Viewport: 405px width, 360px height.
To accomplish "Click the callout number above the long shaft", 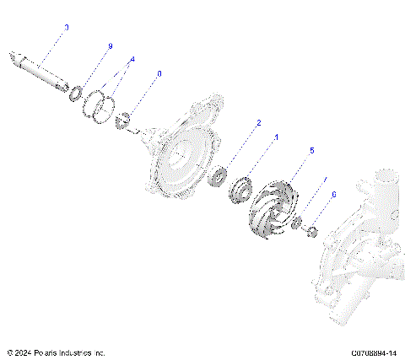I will [x=67, y=28].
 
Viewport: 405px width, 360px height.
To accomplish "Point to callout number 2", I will [x=258, y=122].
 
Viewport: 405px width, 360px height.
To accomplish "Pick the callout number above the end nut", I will [x=334, y=194].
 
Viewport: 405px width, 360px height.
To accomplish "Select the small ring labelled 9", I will [x=75, y=90].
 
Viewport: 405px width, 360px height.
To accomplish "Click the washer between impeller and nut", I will [x=297, y=224].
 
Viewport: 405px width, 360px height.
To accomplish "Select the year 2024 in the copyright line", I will [x=23, y=352].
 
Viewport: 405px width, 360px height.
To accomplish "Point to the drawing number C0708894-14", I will [x=375, y=352].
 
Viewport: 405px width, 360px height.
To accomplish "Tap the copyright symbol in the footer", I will [x=8, y=352].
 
